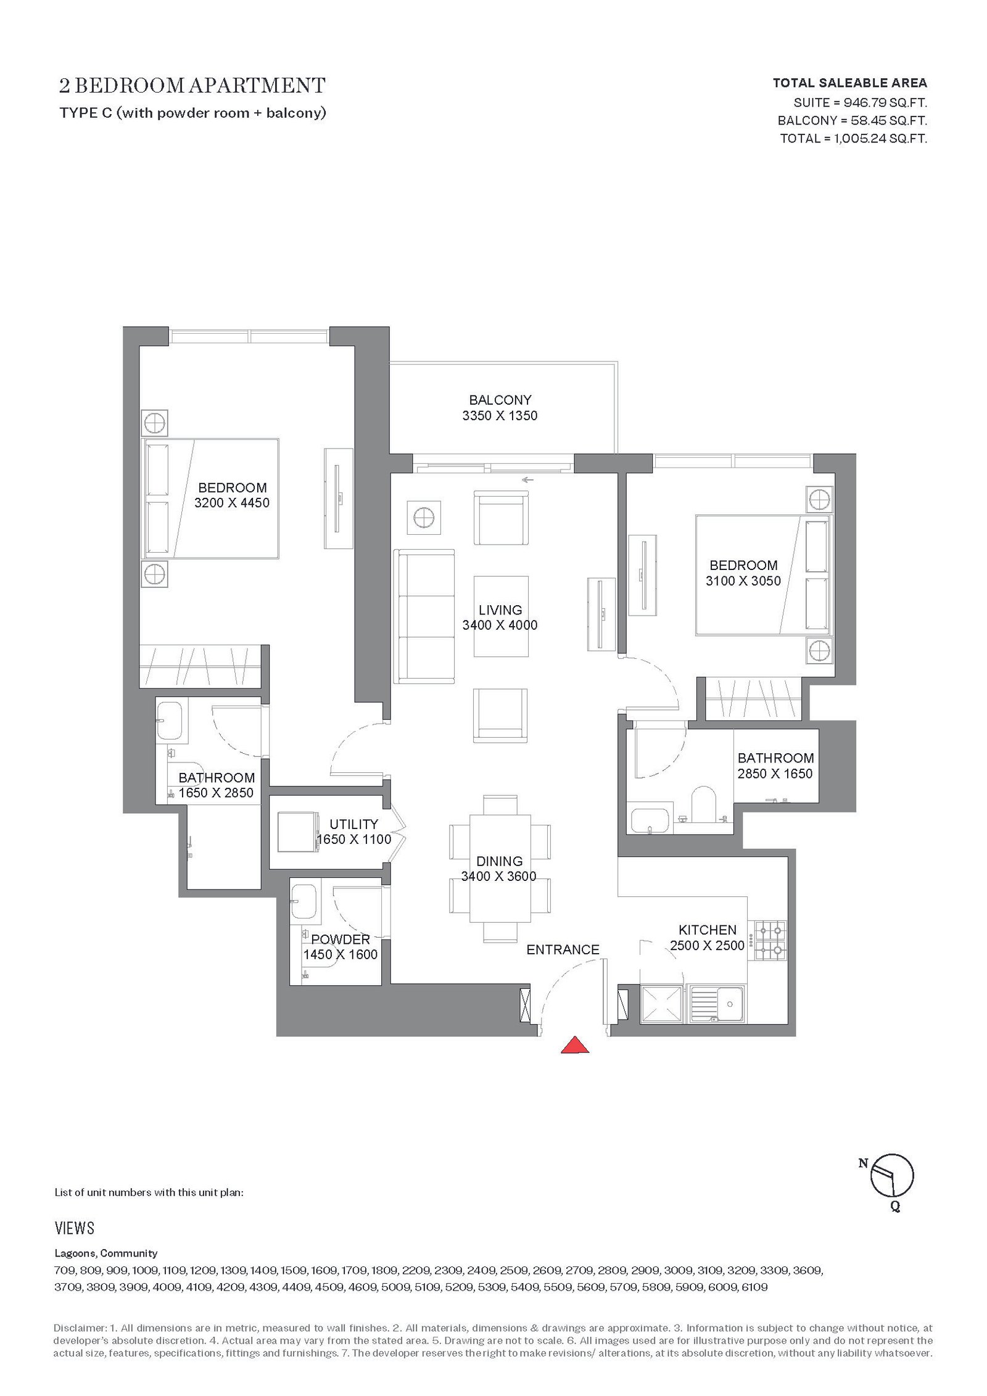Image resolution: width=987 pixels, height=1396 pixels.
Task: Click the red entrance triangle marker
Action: tap(574, 1044)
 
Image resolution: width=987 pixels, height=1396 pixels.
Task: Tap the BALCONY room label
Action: tap(500, 400)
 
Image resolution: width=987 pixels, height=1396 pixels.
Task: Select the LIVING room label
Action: tap(500, 609)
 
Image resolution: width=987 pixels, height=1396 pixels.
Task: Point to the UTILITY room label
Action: tap(353, 824)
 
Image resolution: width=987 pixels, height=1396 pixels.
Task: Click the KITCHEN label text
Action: tap(708, 930)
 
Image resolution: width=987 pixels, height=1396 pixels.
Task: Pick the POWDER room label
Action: tap(341, 939)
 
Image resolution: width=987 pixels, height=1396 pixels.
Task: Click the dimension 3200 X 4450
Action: tap(232, 503)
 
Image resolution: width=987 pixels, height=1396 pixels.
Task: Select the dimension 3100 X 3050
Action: tap(743, 580)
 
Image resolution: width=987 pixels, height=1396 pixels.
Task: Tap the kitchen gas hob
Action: tap(769, 941)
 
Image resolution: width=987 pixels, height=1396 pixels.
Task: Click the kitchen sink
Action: tap(717, 1005)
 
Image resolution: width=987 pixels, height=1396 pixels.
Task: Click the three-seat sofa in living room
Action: tap(424, 616)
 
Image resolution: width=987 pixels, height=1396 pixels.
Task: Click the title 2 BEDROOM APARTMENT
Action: tap(192, 85)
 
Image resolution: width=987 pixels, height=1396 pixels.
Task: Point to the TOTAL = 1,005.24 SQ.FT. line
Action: tap(853, 138)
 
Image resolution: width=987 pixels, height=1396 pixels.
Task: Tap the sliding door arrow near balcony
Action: tap(527, 480)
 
